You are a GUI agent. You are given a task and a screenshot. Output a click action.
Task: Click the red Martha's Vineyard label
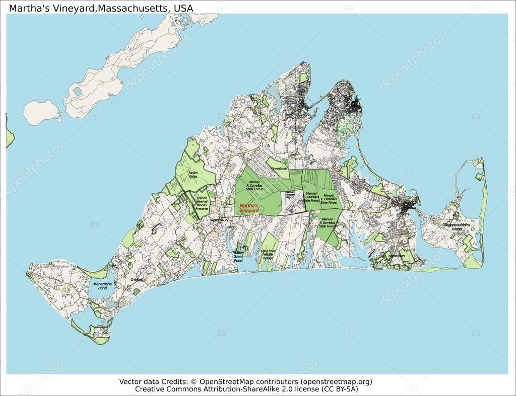tap(249, 208)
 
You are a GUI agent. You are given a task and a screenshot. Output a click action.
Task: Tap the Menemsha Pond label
tap(102, 286)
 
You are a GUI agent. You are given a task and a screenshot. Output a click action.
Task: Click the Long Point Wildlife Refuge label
tap(268, 254)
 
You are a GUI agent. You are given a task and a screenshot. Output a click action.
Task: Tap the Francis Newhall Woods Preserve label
tap(202, 203)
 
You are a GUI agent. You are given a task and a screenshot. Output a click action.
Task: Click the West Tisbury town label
tap(220, 220)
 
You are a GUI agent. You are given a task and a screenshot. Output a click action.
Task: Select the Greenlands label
tap(279, 168)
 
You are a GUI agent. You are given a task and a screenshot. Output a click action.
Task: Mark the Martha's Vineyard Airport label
tap(290, 195)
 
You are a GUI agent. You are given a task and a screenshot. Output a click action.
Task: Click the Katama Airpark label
tap(397, 256)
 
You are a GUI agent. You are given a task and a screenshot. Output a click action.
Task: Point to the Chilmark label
tap(137, 279)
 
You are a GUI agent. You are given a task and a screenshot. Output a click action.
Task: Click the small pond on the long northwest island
tap(77, 92)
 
